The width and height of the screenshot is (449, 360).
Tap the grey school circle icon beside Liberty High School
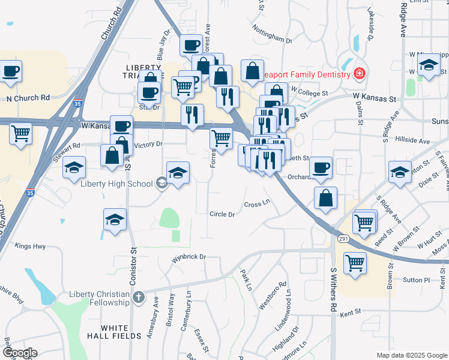[x=161, y=183]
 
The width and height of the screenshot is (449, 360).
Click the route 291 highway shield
[x=342, y=239]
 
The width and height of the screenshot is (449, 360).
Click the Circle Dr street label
[x=221, y=214]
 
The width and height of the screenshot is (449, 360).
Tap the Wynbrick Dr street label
[x=188, y=257]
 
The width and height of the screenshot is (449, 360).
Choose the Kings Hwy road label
[x=30, y=246]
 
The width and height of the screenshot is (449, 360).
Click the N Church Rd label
[x=28, y=98]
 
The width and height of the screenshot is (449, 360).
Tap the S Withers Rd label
[x=334, y=289]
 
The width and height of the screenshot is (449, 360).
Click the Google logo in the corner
[x=20, y=352]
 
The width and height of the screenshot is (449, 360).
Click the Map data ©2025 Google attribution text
[x=411, y=355]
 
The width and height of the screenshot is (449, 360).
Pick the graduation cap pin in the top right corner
[x=429, y=66]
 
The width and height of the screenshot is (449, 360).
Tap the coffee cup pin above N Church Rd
[x=11, y=71]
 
